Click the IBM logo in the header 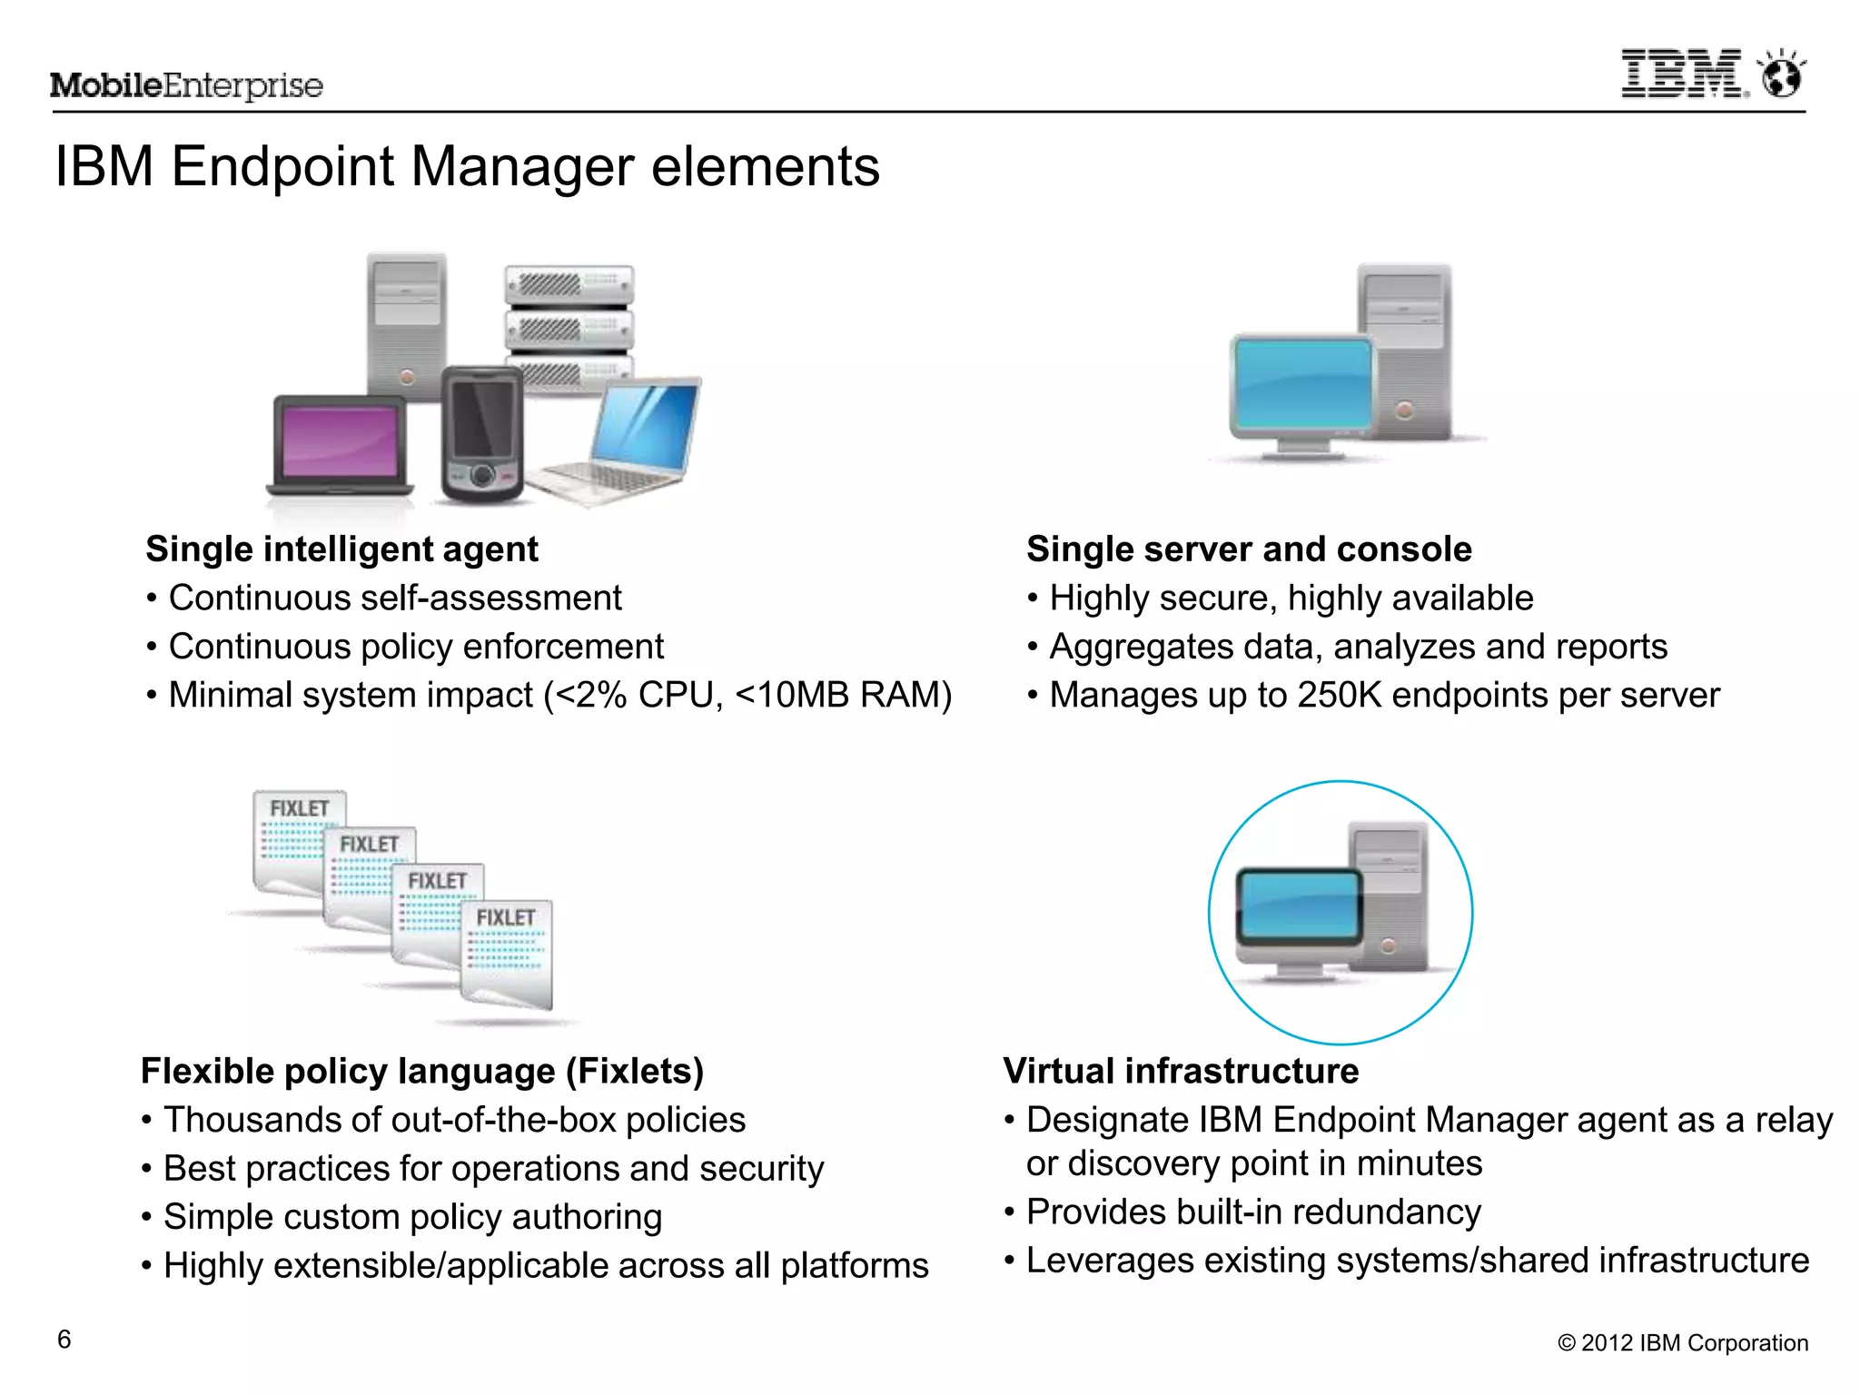[1683, 74]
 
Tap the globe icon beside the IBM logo [1781, 74]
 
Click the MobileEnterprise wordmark [186, 85]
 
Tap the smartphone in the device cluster [482, 434]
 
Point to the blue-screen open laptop [627, 440]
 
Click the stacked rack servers [569, 322]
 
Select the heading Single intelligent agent [341, 549]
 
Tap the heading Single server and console [1249, 549]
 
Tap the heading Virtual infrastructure [1181, 1072]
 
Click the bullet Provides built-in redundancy [1253, 1212]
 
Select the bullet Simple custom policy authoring [412, 1217]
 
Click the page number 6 [64, 1340]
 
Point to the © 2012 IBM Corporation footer [1682, 1343]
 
